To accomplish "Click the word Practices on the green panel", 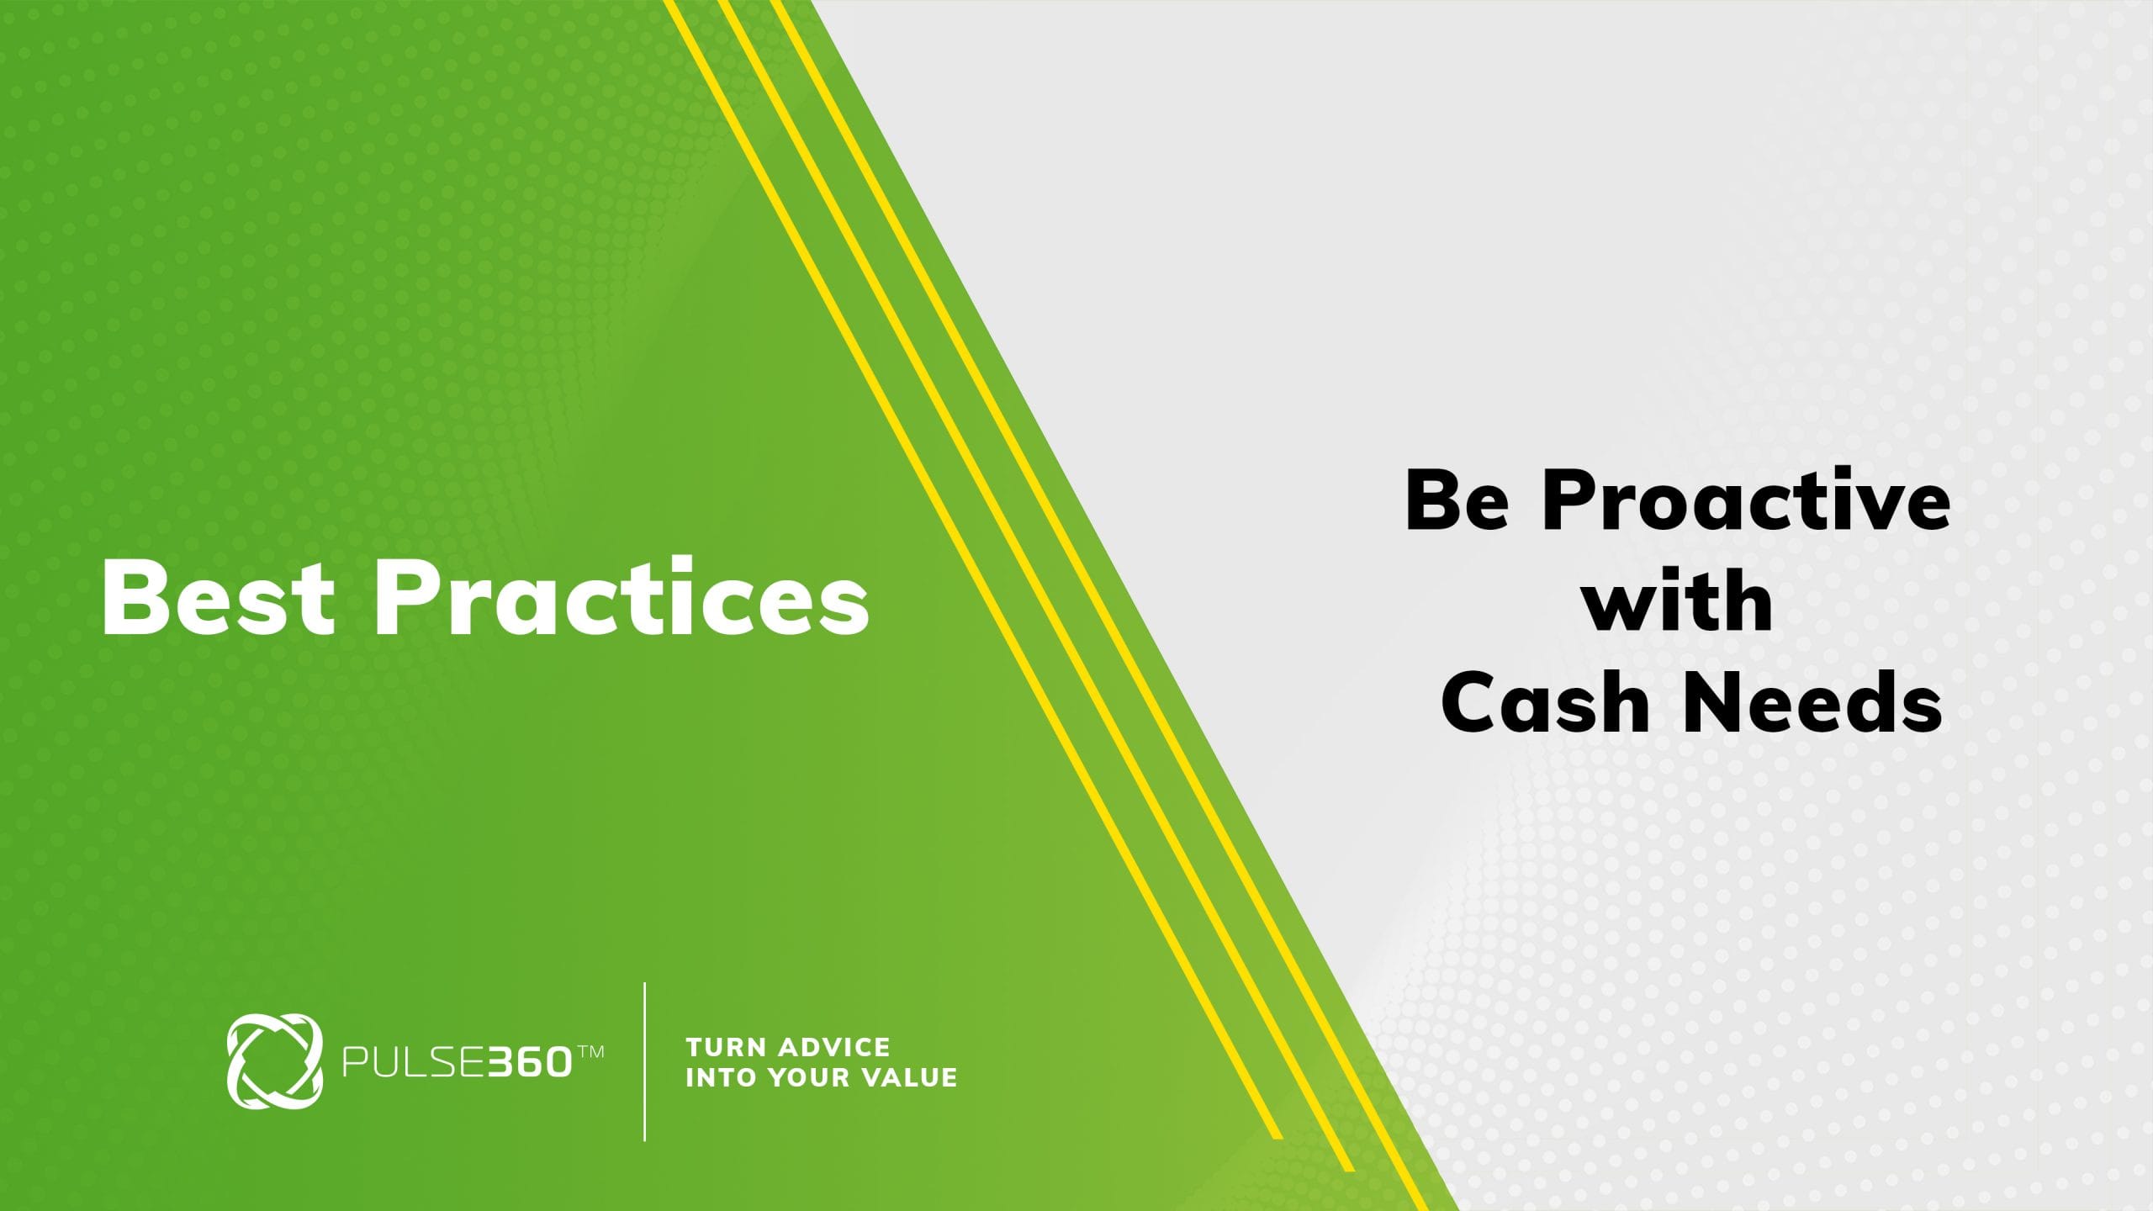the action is (x=622, y=596).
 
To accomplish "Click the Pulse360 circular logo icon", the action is (x=274, y=1061).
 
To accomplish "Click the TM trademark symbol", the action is (x=590, y=1051).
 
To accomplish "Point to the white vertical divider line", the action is (x=645, y=1061).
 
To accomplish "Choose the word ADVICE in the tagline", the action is (x=835, y=1047).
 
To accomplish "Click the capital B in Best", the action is (x=131, y=596).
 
